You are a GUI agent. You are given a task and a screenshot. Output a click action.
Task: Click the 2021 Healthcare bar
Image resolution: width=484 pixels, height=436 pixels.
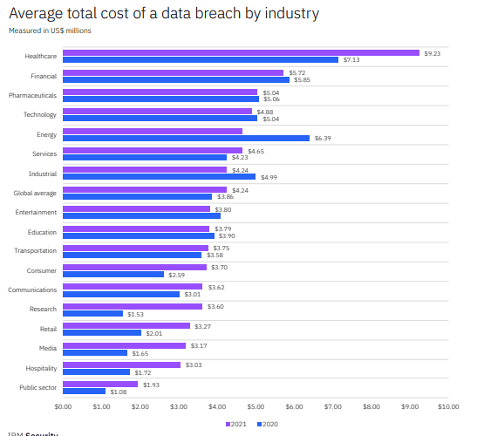[241, 52]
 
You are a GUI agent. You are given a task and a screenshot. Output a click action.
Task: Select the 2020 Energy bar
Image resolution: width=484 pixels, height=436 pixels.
[186, 138]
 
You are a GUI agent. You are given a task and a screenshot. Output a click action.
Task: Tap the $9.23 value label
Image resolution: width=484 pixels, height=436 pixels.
[433, 53]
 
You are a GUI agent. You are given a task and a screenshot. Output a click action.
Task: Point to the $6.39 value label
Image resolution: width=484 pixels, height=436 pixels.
[323, 138]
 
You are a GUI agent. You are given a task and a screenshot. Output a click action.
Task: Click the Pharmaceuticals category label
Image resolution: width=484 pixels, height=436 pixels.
[32, 95]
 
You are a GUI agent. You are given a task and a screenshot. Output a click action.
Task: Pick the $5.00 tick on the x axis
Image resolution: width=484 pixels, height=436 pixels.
[256, 405]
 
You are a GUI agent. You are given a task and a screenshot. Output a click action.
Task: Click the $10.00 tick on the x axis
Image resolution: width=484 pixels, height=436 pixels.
[447, 405]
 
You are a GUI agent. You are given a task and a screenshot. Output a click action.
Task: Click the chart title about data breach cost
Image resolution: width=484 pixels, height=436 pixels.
[163, 14]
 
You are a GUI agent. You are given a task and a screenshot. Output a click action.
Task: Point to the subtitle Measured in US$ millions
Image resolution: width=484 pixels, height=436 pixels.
[50, 31]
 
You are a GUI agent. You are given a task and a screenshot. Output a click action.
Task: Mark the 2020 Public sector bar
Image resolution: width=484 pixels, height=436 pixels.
[84, 392]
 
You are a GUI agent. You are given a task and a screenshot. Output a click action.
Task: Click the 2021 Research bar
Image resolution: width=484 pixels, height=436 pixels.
[133, 306]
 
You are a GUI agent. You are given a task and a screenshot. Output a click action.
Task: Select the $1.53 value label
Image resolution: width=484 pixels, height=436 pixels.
[135, 314]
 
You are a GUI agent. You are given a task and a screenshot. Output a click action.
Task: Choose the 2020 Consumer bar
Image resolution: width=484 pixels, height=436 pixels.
[113, 275]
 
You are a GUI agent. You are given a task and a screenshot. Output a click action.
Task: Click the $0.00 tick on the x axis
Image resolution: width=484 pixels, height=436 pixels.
[63, 405]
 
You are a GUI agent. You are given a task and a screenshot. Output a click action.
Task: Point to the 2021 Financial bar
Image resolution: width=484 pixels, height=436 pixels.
[173, 72]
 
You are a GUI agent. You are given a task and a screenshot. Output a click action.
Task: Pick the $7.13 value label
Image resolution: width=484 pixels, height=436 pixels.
[351, 60]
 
